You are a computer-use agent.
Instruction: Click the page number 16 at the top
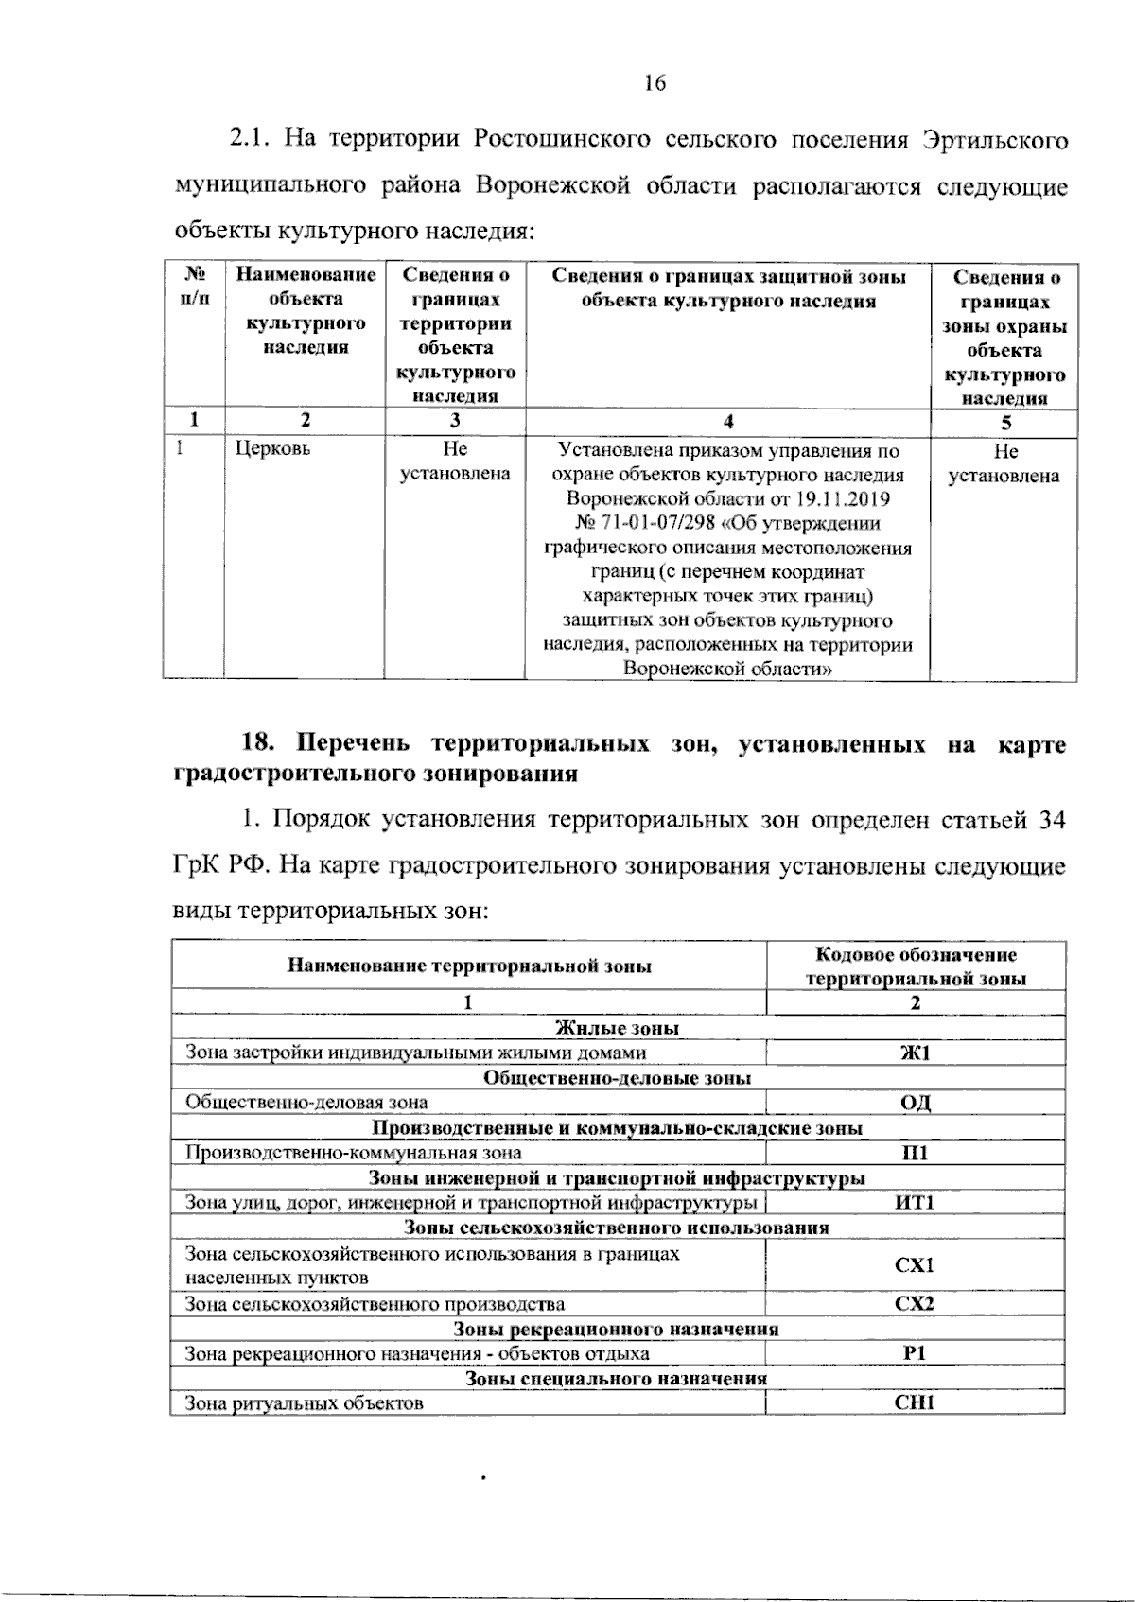[655, 83]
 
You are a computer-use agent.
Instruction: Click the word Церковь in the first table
[272, 449]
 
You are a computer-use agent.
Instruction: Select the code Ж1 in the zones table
[915, 1053]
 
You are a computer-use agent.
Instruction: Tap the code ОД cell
[915, 1103]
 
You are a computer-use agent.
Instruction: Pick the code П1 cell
[915, 1153]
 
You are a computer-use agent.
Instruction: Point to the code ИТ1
[915, 1203]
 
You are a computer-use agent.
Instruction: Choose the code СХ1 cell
[915, 1265]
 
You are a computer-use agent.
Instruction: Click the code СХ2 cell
[915, 1303]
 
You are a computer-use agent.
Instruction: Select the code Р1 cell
[915, 1353]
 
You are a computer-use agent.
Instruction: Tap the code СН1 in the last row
[915, 1403]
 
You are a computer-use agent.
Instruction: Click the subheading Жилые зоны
[617, 1028]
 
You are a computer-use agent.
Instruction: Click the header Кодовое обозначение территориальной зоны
[915, 966]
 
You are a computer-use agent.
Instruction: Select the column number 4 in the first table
[727, 423]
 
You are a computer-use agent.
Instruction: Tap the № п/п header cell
[194, 287]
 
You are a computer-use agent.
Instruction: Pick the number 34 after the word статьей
[1051, 820]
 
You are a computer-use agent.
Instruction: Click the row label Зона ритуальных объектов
[304, 1403]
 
